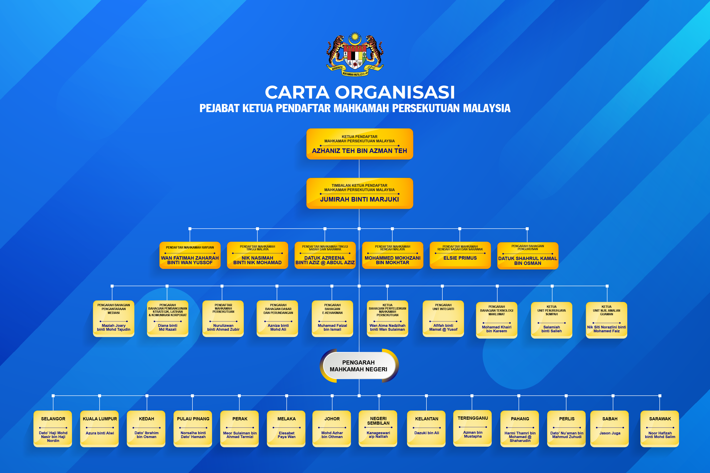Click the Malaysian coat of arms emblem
[355, 54]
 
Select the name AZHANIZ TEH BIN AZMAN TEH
[359, 151]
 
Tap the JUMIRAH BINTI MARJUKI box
[359, 193]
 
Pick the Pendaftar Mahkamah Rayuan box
[190, 255]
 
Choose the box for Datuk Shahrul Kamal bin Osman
[528, 256]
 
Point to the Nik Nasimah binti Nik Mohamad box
[257, 255]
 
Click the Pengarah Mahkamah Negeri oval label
[359, 366]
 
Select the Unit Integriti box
[443, 319]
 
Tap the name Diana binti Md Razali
[168, 328]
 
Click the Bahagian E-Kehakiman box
[332, 319]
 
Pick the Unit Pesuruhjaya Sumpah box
[551, 320]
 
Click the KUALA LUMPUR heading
[100, 419]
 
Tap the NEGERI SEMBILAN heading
[378, 421]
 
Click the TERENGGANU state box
[473, 428]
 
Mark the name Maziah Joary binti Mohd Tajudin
[114, 328]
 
